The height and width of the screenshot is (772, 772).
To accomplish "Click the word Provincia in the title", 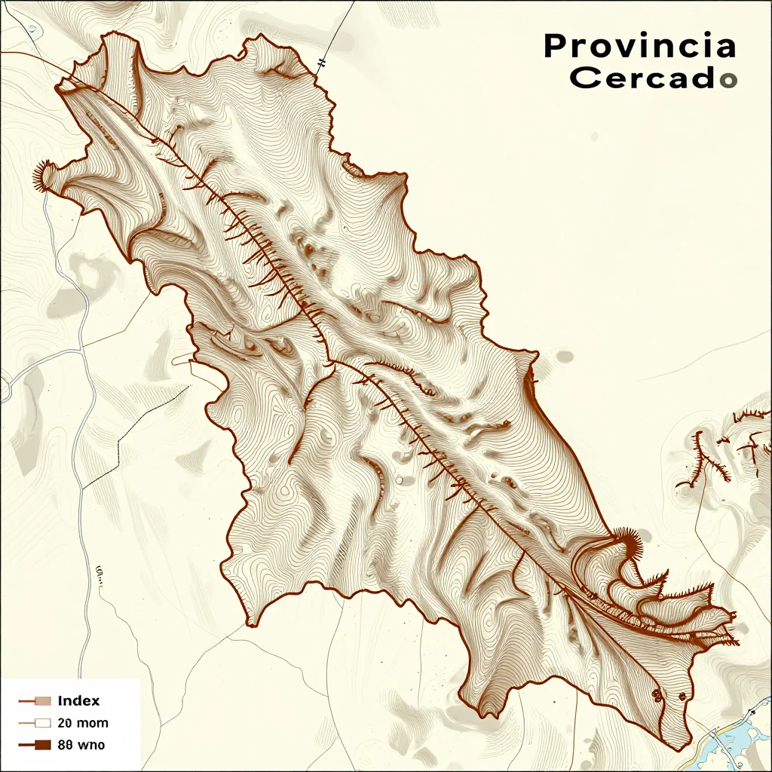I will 639,47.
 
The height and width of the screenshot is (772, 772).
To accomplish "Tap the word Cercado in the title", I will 653,78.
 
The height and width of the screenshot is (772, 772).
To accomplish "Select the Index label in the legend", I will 78,701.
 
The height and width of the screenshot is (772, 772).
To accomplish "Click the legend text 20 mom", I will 83,723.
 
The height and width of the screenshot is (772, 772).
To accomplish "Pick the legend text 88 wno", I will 81,746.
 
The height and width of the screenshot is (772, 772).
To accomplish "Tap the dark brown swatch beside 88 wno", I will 42,746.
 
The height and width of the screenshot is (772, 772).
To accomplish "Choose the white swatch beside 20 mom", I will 42,723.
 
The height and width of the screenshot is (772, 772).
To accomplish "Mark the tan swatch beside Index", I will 42,701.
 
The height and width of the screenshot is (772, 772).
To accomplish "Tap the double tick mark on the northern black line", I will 322,63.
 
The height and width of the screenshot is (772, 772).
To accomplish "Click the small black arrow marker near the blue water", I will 752,712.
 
